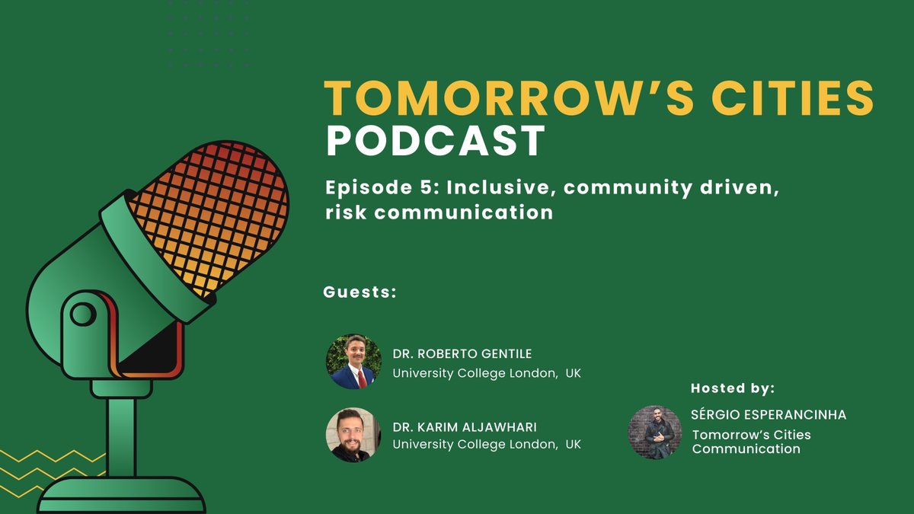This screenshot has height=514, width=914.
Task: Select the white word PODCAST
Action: point(436,141)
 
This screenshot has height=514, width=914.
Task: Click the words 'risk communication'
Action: point(439,212)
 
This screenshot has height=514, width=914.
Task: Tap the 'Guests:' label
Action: point(360,292)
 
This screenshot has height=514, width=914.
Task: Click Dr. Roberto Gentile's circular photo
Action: point(353,362)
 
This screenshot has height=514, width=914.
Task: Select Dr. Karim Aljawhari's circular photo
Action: point(353,435)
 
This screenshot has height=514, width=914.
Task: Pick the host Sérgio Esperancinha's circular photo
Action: point(655,432)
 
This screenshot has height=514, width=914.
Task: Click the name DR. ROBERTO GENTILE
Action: point(462,353)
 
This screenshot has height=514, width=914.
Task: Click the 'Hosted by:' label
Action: point(733,388)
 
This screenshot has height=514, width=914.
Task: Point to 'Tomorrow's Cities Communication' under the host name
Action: point(751,442)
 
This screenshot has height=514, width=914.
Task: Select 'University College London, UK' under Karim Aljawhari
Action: point(487,444)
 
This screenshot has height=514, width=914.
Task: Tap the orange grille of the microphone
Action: point(209,217)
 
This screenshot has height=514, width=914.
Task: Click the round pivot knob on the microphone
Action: point(82,314)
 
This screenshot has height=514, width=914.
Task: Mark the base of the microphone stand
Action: point(122,495)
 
